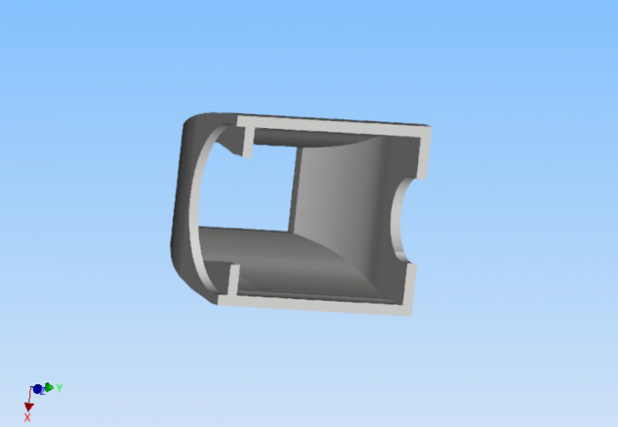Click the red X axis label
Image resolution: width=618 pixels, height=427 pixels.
(28, 417)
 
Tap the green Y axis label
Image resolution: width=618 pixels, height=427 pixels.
(59, 388)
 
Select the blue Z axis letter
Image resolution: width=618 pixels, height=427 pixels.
(44, 391)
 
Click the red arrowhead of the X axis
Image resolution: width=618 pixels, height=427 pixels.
(28, 407)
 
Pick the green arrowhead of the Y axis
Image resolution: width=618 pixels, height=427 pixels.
(50, 387)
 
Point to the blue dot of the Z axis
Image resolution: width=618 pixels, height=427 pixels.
(37, 390)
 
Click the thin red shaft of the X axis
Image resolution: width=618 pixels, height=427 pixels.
(29, 395)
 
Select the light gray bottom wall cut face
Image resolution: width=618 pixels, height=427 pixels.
(315, 304)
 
